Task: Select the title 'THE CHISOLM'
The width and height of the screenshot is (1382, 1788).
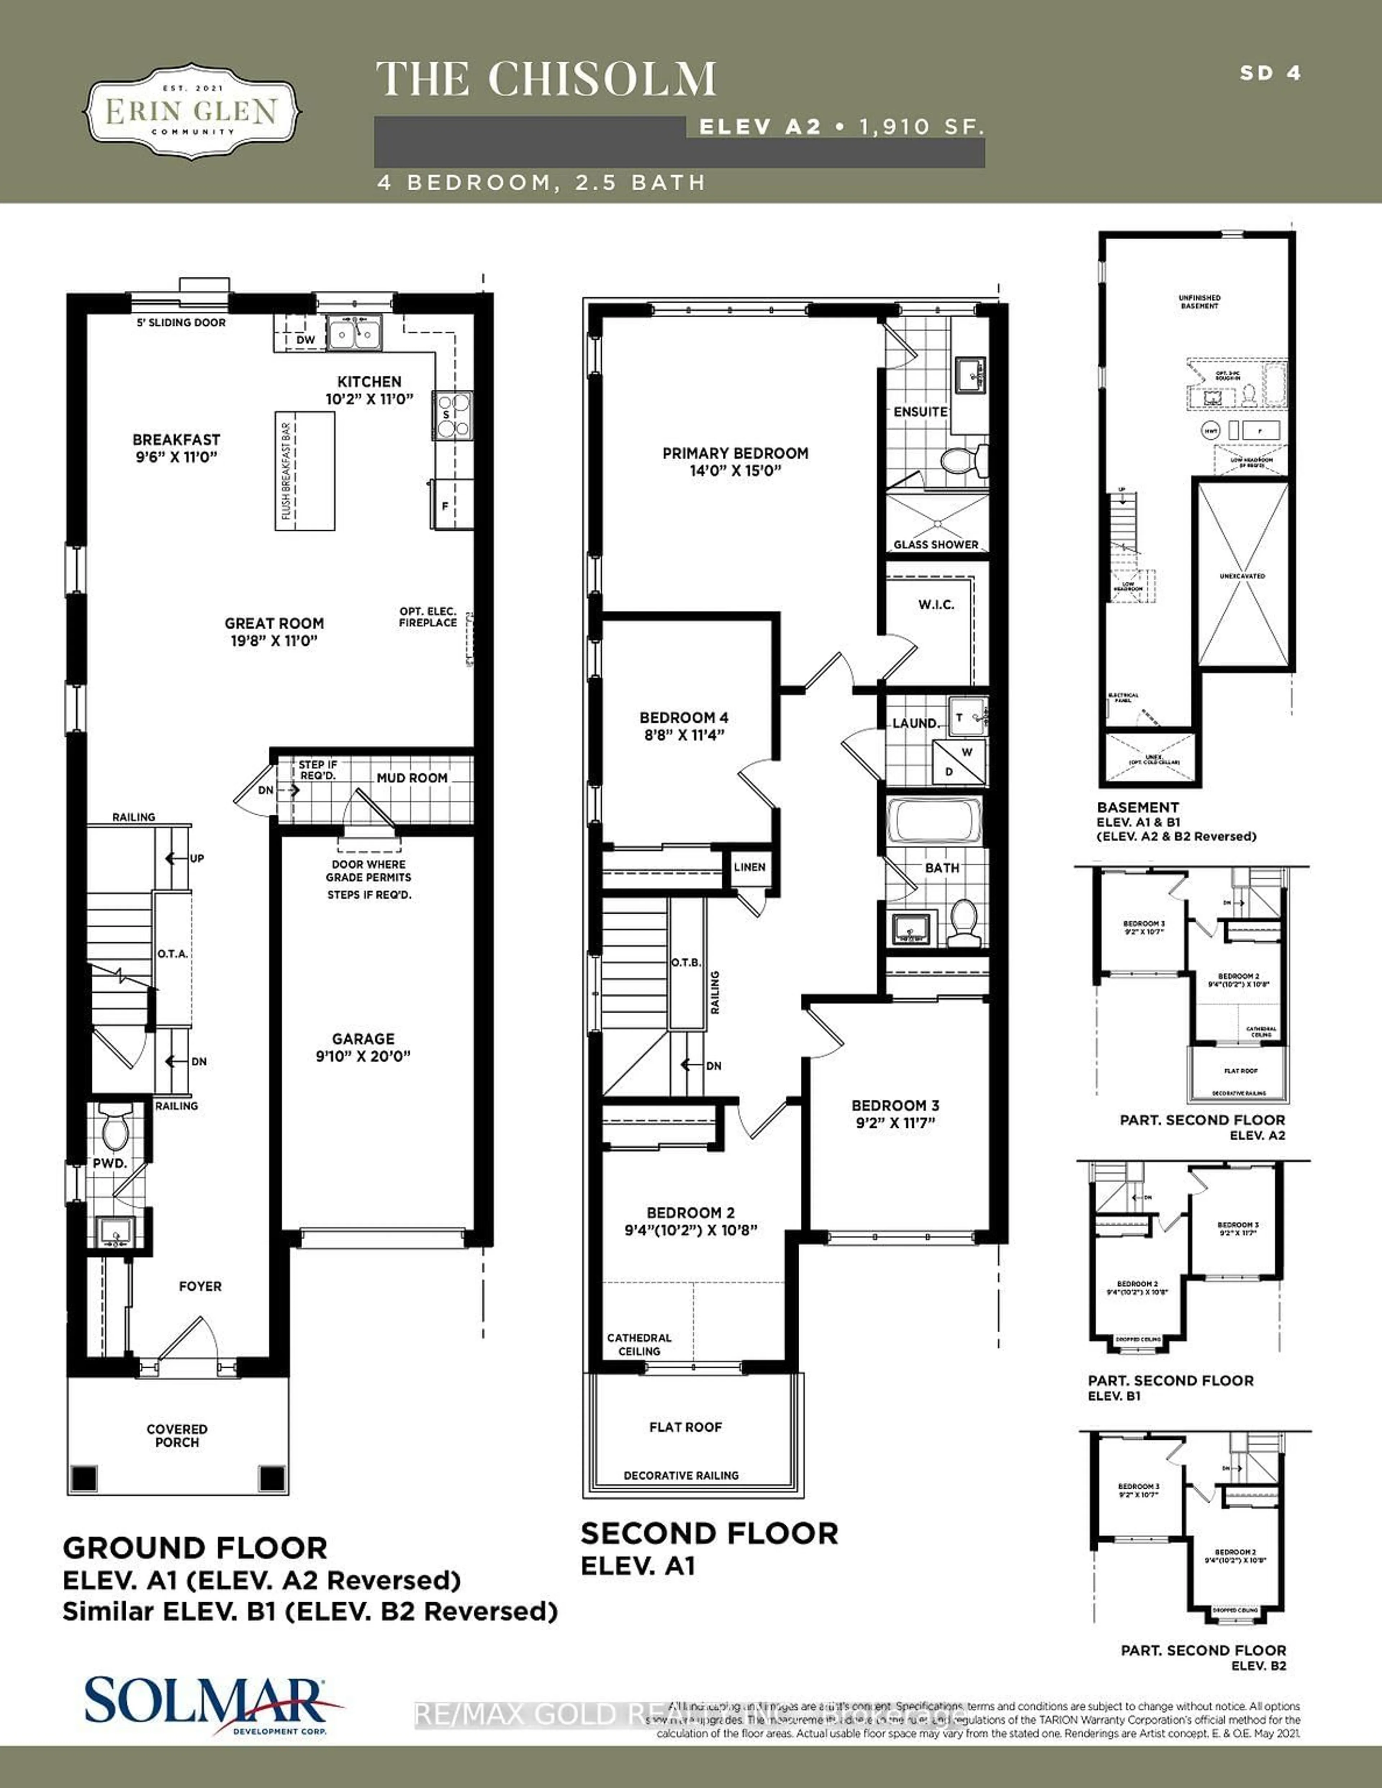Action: [x=546, y=80]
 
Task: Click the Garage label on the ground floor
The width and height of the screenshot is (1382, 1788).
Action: [x=363, y=1038]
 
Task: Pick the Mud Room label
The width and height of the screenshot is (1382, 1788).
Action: [x=412, y=778]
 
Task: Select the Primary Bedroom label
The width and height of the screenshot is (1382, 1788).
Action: [x=735, y=453]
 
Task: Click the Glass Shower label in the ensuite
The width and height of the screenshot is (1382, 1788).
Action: [x=935, y=544]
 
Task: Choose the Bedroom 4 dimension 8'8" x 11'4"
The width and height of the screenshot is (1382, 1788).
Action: [x=684, y=734]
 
